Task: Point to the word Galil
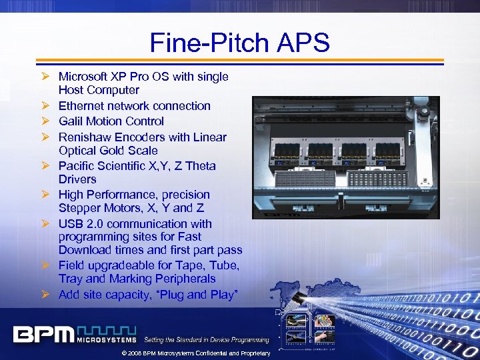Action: (72, 121)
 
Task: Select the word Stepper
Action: (79, 208)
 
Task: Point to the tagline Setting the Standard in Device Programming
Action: (207, 340)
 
